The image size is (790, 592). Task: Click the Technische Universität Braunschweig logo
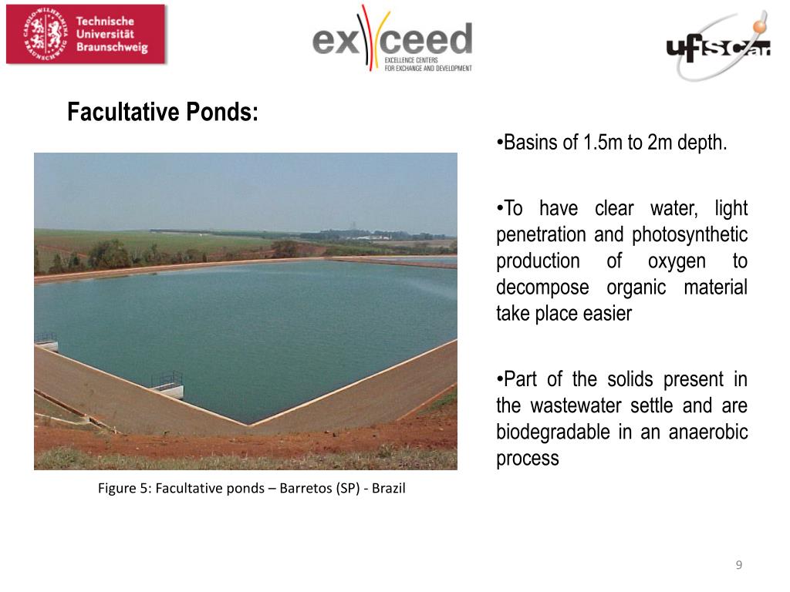[x=86, y=34]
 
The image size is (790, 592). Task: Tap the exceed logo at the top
[x=392, y=39]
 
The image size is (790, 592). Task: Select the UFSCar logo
[x=718, y=46]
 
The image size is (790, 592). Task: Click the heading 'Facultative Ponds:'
[x=163, y=113]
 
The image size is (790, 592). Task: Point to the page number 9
[x=739, y=565]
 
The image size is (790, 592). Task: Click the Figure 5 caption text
[x=252, y=488]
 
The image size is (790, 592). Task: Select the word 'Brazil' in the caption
[x=389, y=488]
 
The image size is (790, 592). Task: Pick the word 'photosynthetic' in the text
[x=690, y=234]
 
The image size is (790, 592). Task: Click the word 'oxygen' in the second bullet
[x=677, y=261]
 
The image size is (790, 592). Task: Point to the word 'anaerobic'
[x=708, y=432]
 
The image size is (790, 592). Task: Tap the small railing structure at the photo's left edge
[x=46, y=340]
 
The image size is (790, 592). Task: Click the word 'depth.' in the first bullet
[x=702, y=143]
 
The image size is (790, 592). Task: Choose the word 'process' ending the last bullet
[x=528, y=458]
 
